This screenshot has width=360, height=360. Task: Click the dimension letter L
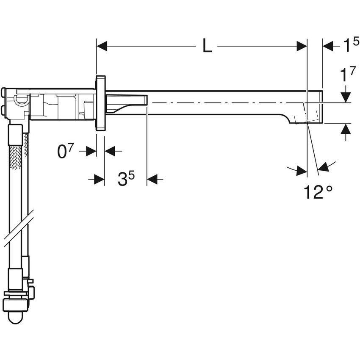click(207, 46)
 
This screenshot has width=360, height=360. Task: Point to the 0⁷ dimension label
click(65, 151)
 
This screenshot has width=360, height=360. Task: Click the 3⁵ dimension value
click(126, 180)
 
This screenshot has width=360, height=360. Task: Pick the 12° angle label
click(318, 192)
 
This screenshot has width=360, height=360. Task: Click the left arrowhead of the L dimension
click(102, 46)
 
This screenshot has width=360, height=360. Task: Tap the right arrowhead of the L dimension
click(302, 46)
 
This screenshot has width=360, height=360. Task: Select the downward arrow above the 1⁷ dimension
click(346, 97)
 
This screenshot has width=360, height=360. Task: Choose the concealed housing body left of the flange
click(59, 104)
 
